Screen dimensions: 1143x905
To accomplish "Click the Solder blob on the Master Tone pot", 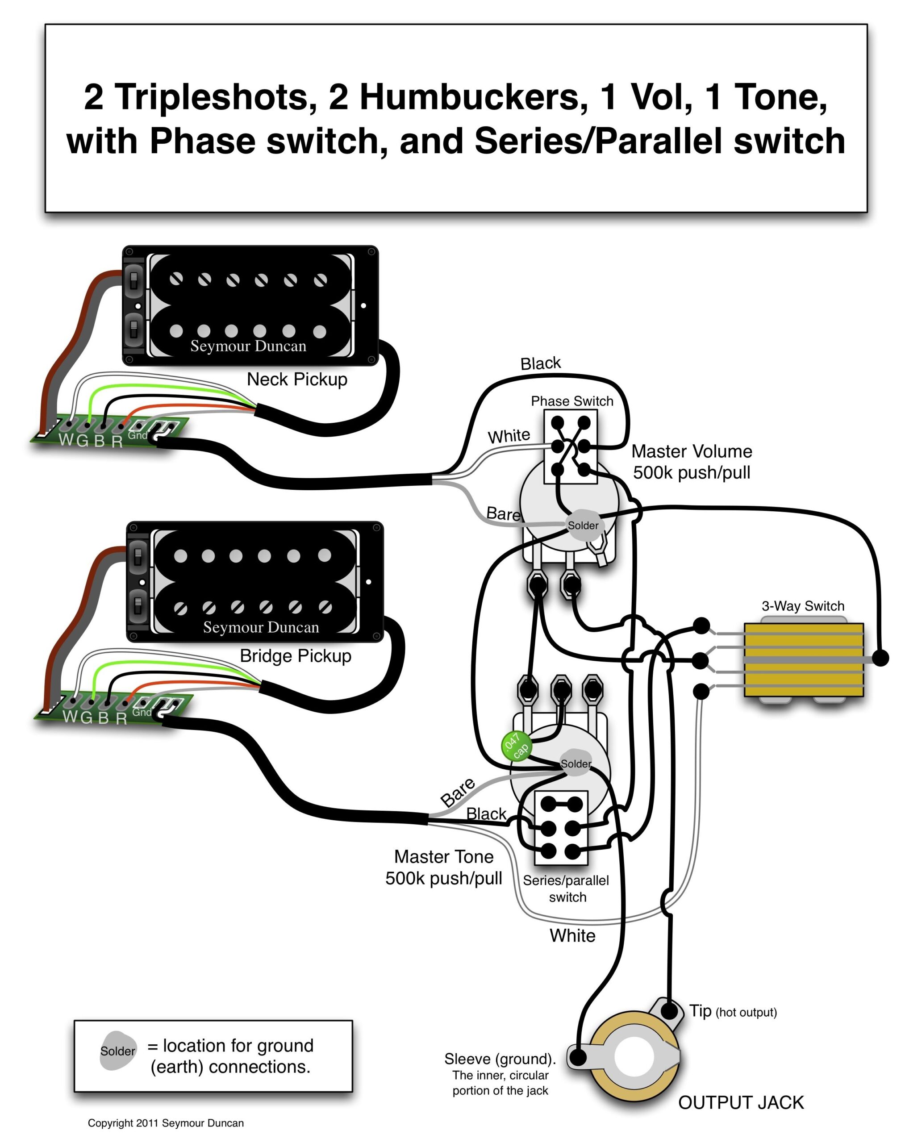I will click(x=576, y=763).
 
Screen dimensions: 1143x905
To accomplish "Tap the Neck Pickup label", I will click(x=297, y=380).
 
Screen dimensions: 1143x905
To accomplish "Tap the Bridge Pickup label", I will click(x=295, y=656).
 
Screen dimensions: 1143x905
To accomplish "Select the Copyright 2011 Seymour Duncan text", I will click(x=165, y=1123).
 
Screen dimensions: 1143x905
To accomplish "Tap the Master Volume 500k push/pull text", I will click(x=692, y=462).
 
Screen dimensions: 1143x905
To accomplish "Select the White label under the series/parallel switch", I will click(x=572, y=936).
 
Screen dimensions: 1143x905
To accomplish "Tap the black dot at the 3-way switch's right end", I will click(x=880, y=658).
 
